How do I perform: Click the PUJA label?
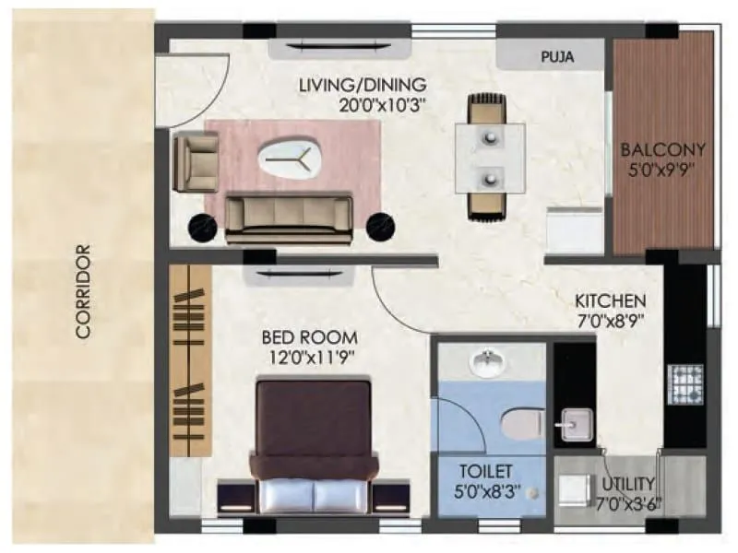coord(556,56)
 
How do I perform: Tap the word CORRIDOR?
coord(84,291)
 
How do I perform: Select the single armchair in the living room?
coord(196,161)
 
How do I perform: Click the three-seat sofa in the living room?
coord(289,218)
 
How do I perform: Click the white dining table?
coord(489,156)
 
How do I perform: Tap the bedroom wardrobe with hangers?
coord(191,359)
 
